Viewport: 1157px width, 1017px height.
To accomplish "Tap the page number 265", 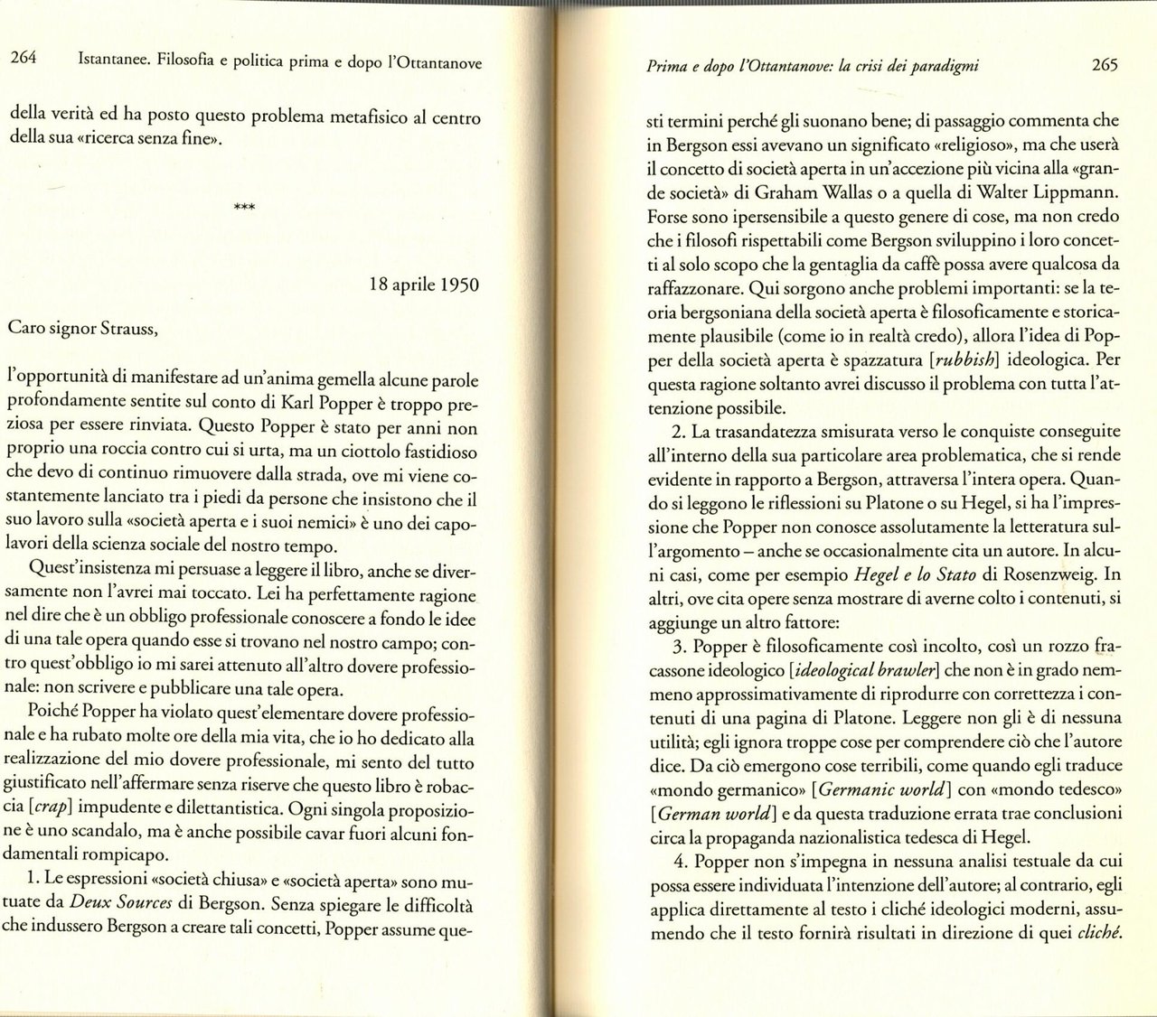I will point(1105,65).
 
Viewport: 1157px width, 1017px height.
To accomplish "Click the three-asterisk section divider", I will point(244,208).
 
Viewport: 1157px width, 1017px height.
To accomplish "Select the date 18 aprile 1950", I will point(425,285).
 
